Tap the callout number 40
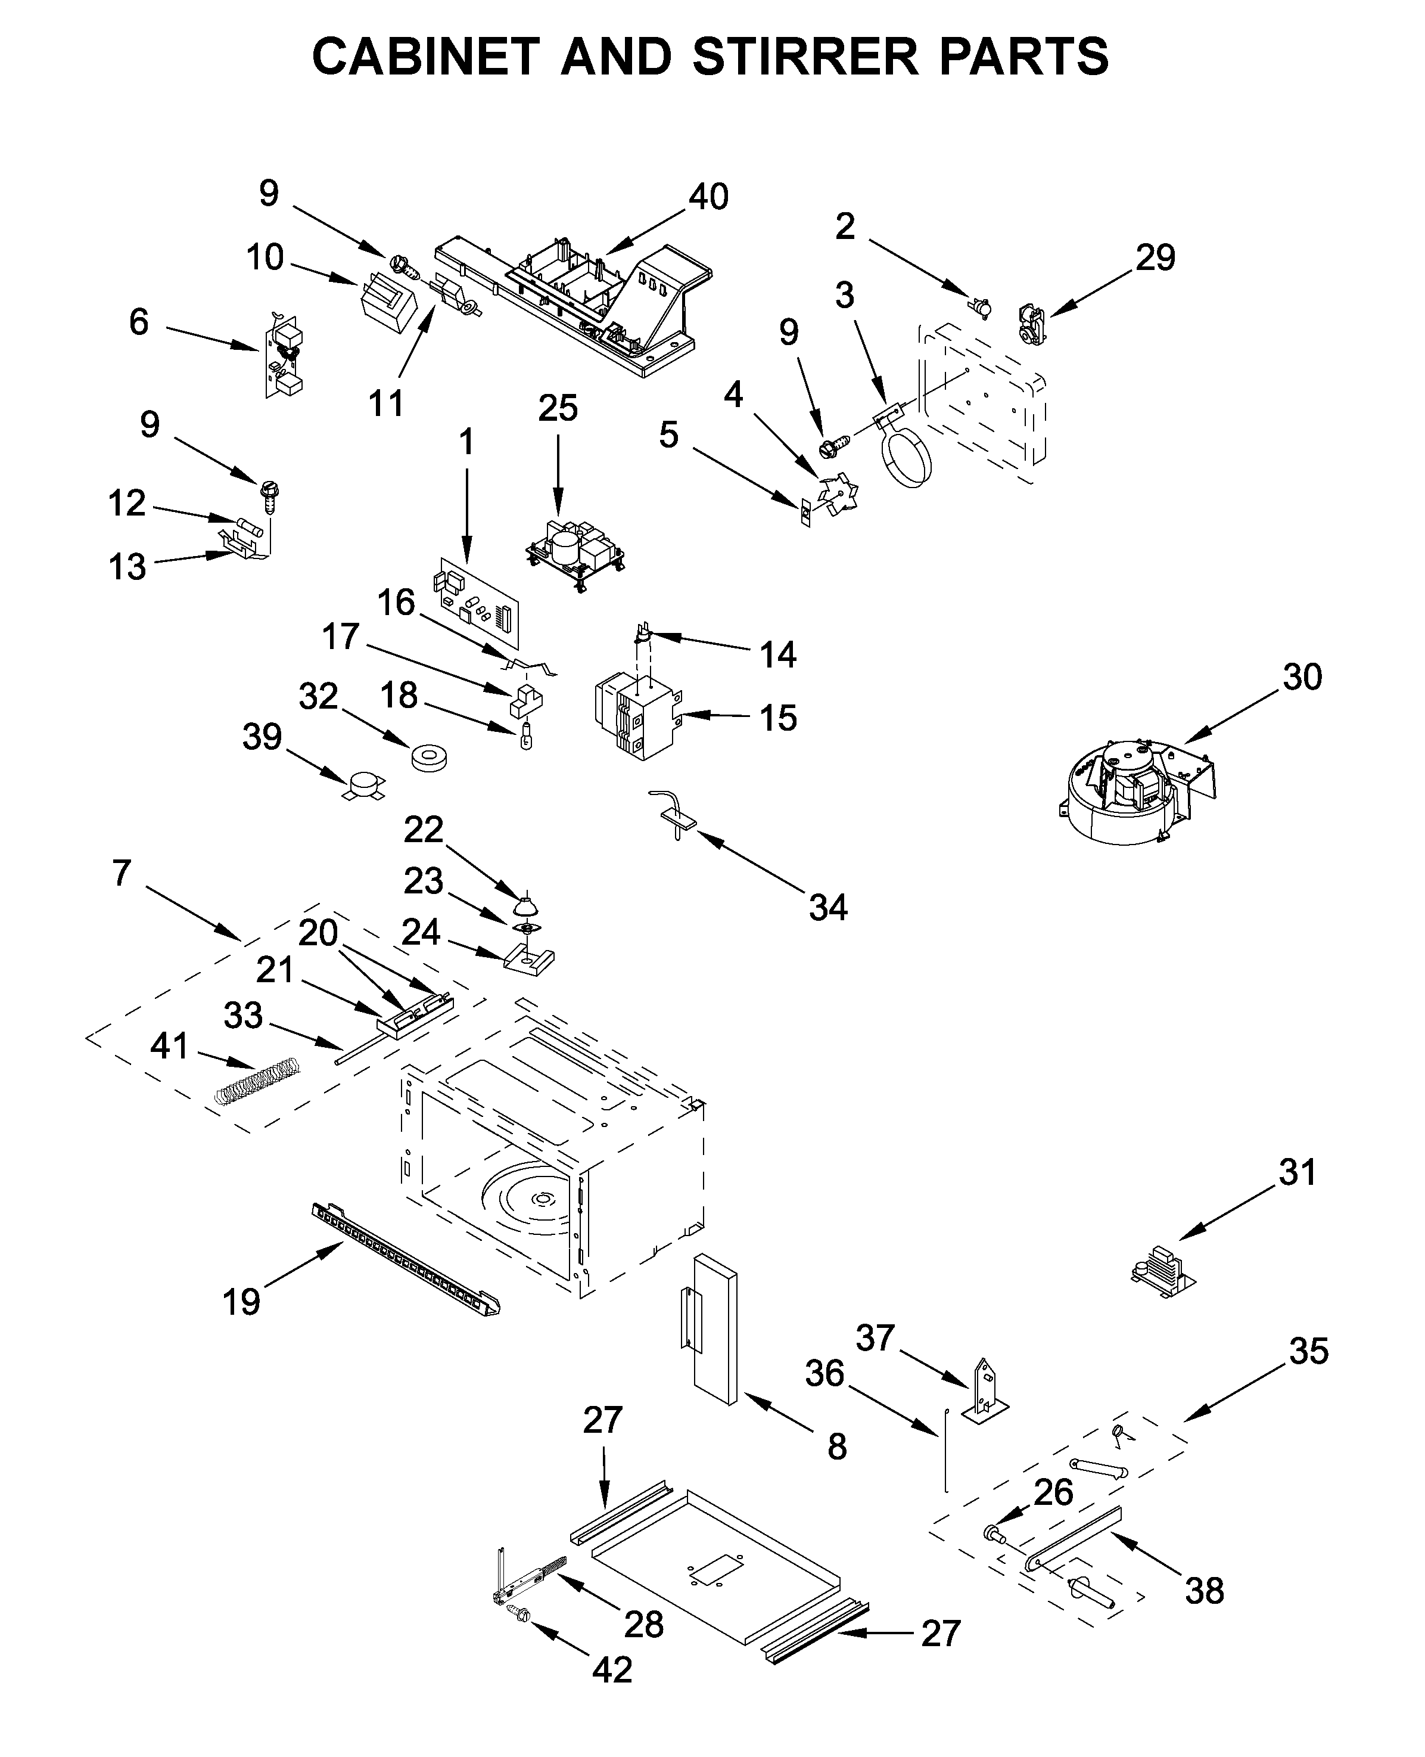708,197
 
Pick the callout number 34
827,907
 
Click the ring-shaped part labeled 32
428,758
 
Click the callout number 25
558,408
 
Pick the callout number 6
139,322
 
